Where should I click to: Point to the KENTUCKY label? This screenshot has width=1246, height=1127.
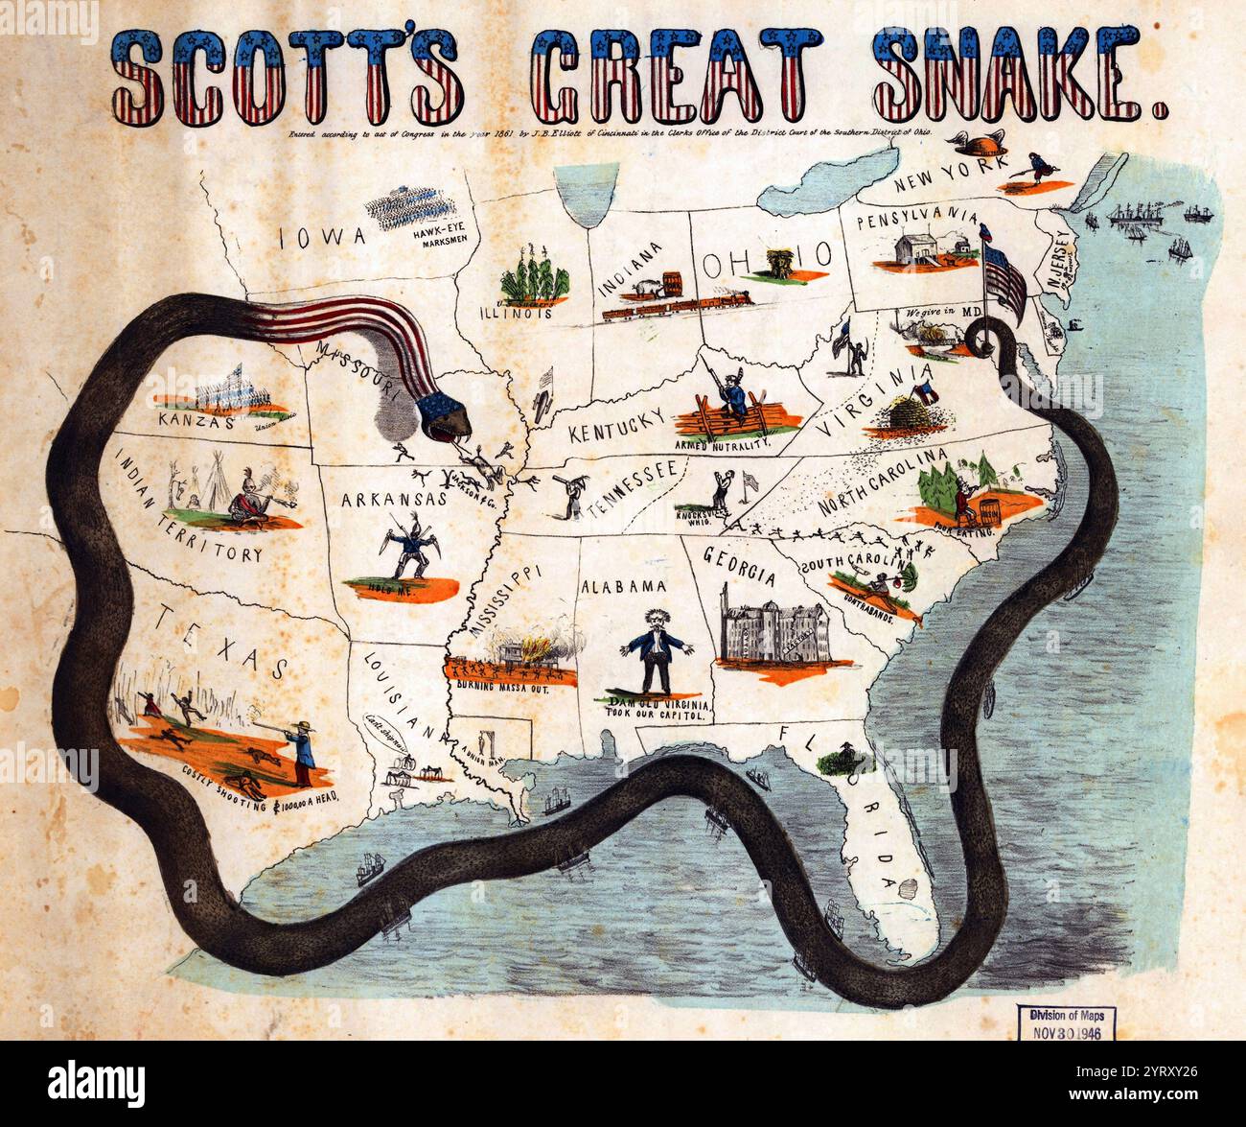pyautogui.click(x=616, y=424)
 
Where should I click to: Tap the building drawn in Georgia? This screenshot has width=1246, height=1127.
pyautogui.click(x=773, y=636)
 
